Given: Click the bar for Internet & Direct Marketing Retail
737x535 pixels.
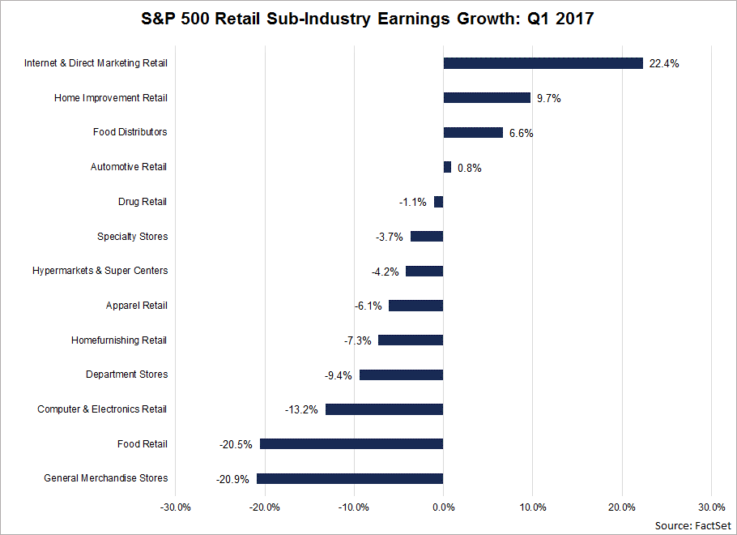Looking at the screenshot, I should point(543,63).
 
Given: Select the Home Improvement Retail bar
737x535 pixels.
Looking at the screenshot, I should point(487,97).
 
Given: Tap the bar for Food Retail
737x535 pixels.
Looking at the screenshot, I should point(351,443).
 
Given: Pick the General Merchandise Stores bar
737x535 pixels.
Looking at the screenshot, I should point(350,478).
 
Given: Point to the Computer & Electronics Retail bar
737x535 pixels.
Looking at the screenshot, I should point(384,409).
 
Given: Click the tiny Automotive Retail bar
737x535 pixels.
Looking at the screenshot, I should point(447,167).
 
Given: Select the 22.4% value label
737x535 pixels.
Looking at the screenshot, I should point(663,63).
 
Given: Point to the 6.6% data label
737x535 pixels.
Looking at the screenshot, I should point(521,133).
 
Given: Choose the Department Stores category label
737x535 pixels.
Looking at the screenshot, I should point(127,374).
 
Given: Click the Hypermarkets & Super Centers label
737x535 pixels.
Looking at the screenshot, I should point(100,271).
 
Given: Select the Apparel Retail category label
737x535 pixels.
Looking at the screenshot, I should point(137,306).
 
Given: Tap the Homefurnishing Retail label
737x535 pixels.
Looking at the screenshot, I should point(119,340).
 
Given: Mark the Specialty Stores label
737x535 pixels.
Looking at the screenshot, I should point(133,237).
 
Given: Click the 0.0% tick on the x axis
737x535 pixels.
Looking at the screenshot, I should point(443,507).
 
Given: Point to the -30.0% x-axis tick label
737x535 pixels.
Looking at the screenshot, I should point(176,507).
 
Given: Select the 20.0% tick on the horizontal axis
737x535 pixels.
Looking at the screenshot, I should point(622,507).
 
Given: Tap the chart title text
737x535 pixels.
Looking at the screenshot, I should point(368,19).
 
